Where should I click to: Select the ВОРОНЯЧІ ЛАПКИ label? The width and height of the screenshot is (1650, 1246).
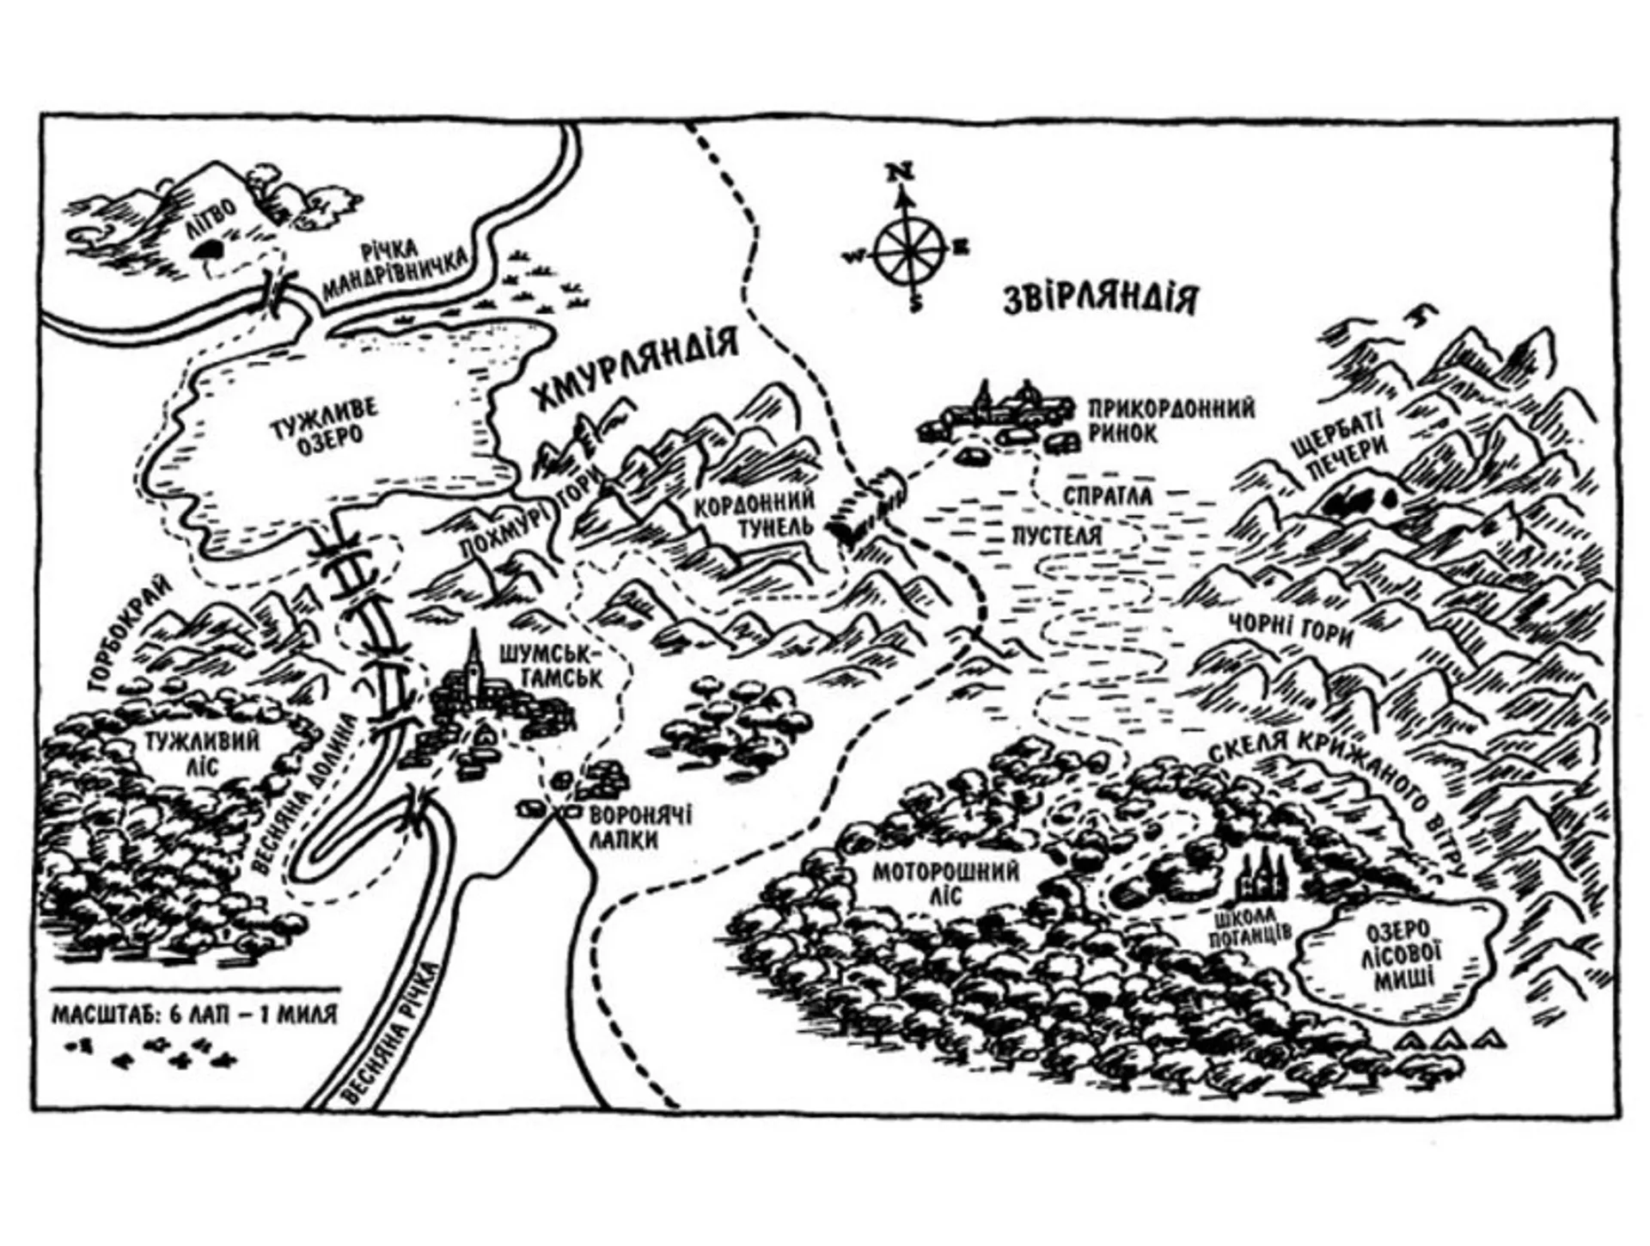click(639, 828)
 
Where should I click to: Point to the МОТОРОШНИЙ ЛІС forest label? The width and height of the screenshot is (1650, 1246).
click(946, 885)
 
